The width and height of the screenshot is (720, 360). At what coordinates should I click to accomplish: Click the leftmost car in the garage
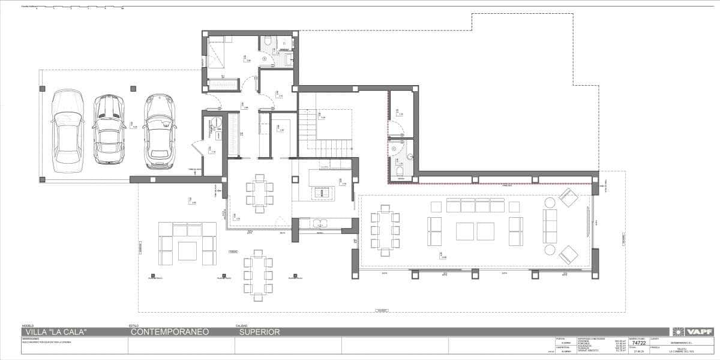[67, 130]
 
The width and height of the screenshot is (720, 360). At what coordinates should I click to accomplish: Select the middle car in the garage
[109, 130]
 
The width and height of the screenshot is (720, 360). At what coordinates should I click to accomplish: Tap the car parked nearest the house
[159, 130]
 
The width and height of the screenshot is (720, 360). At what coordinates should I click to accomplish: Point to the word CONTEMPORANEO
[169, 332]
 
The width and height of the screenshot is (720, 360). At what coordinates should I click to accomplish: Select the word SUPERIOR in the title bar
[259, 332]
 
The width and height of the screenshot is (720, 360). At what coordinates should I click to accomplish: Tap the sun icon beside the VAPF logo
[677, 332]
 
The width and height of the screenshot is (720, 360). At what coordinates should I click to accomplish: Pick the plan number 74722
[638, 343]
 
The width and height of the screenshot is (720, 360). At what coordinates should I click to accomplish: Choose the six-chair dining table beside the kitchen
[259, 193]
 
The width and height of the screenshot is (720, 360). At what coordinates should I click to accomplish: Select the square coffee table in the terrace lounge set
[187, 250]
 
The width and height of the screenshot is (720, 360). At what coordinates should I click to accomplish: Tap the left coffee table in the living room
[466, 231]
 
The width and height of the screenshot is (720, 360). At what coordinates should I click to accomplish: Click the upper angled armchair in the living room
[568, 197]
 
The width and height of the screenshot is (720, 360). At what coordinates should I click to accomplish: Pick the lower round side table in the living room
[550, 250]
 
